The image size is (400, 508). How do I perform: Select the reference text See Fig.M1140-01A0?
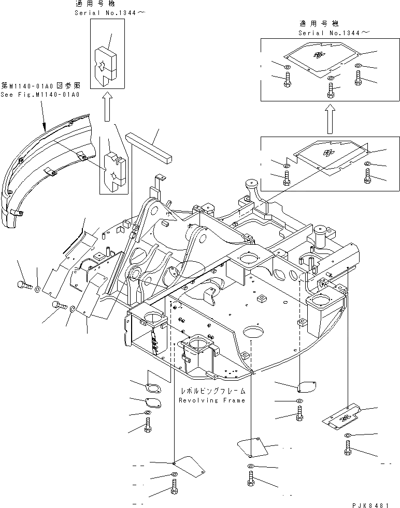tap(40, 95)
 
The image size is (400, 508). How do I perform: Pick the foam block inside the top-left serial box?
tap(108, 63)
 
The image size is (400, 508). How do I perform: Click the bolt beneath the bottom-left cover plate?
tap(173, 488)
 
